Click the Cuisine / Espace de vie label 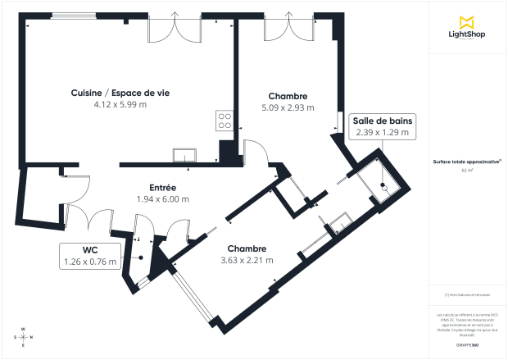[120, 93]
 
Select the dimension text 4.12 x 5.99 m [120, 104]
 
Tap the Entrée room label [162, 187]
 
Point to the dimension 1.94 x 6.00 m [162, 198]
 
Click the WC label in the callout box [90, 250]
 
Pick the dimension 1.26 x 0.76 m [90, 262]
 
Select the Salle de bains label [383, 121]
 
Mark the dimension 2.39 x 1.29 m [383, 132]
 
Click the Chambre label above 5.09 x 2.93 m [287, 96]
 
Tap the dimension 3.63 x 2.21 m [247, 260]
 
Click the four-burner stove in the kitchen [224, 121]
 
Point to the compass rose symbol [24, 336]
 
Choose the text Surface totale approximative [467, 162]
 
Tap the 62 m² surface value [467, 171]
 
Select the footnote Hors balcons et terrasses [468, 295]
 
